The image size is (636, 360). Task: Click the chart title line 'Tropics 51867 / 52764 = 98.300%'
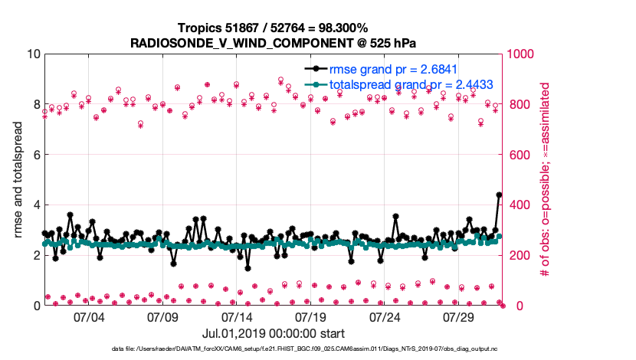tap(273, 28)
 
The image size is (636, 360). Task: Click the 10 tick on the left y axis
tap(31, 54)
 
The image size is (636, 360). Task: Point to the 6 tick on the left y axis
tap(35, 155)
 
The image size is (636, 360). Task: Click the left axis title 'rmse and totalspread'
tap(18, 179)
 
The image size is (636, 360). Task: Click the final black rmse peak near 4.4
tap(499, 195)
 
